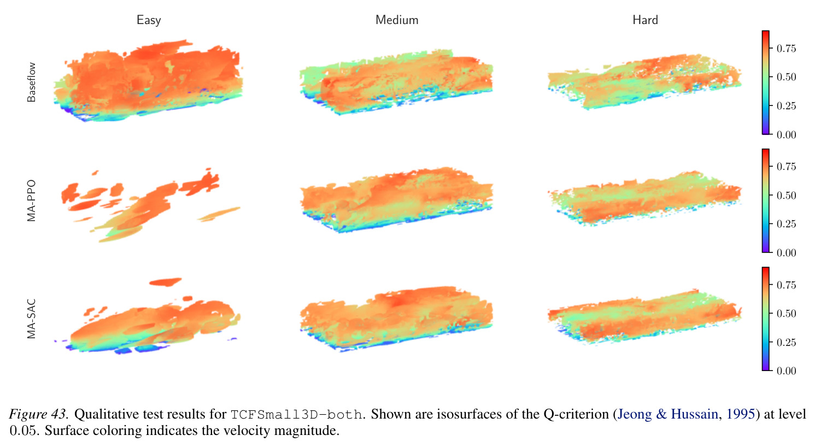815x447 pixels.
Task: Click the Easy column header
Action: coord(149,20)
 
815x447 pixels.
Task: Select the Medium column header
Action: coord(397,20)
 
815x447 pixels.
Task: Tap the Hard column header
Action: coord(646,20)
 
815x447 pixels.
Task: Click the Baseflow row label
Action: coord(32,82)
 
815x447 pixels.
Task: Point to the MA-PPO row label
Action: coord(32,201)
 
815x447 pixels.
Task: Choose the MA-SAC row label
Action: coord(32,319)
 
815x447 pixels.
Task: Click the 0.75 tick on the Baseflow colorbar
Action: coord(786,49)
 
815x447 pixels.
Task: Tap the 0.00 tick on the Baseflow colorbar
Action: coord(786,135)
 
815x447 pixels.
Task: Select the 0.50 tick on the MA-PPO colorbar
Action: coord(786,195)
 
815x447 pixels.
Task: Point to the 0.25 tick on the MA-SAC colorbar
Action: coord(786,342)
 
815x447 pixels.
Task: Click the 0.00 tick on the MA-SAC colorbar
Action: coord(786,371)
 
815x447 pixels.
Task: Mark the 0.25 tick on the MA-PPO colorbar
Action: coord(786,224)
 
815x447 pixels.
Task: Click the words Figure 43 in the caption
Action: coord(38,414)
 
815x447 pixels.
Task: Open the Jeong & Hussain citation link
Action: coord(667,414)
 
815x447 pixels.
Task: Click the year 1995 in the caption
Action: coord(741,414)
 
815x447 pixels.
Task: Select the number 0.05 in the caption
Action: coord(23,431)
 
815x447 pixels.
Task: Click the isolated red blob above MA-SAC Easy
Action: coord(166,282)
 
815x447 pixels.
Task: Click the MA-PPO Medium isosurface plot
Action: coord(397,199)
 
